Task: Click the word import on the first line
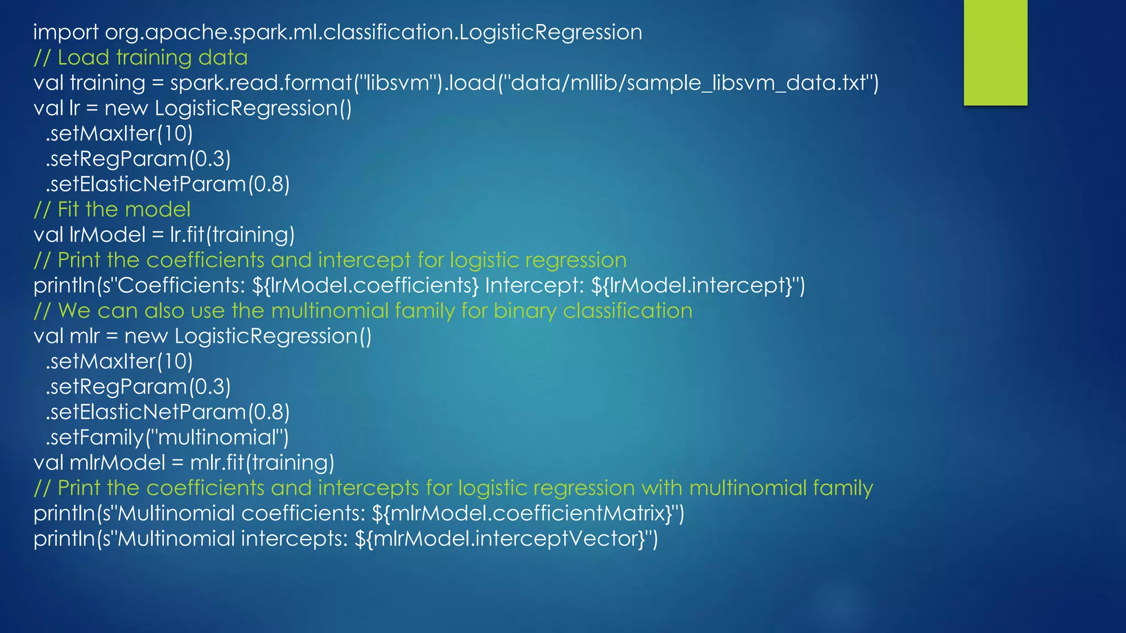65,32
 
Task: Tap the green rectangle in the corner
995,52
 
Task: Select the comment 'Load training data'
152,58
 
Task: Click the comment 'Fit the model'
124,210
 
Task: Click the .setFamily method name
95,437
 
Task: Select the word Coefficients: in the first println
181,286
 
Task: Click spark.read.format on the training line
261,83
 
